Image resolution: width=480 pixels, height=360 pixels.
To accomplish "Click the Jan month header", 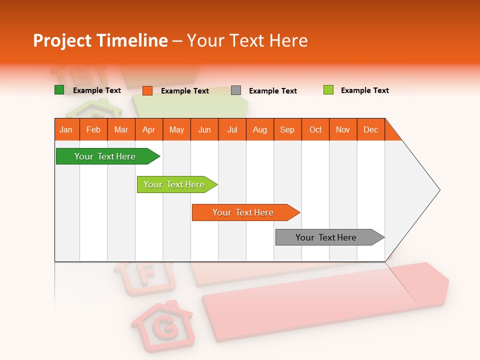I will pyautogui.click(x=66, y=129).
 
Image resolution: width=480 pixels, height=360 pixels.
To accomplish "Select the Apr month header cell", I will pyautogui.click(x=149, y=129).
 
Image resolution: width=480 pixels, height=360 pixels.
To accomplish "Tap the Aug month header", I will pyautogui.click(x=260, y=129).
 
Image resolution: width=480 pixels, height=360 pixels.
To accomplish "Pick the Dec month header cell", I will pyautogui.click(x=371, y=129).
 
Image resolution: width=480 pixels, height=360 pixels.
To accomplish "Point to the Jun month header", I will pyautogui.click(x=204, y=129).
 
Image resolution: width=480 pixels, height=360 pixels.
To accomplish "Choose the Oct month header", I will pyautogui.click(x=315, y=129).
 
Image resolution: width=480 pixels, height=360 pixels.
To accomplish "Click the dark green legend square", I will pyautogui.click(x=59, y=90).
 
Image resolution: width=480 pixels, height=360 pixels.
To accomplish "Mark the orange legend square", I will pyautogui.click(x=147, y=90).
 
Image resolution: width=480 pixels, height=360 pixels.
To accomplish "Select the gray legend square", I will pyautogui.click(x=236, y=90).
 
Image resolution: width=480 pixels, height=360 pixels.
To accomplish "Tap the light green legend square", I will pyautogui.click(x=328, y=90).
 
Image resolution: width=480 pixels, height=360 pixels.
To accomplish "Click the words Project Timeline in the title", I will pyautogui.click(x=100, y=40).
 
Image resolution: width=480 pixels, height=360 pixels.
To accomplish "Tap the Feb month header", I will pyautogui.click(x=93, y=129).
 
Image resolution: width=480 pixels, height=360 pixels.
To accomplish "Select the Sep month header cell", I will pyautogui.click(x=287, y=129).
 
